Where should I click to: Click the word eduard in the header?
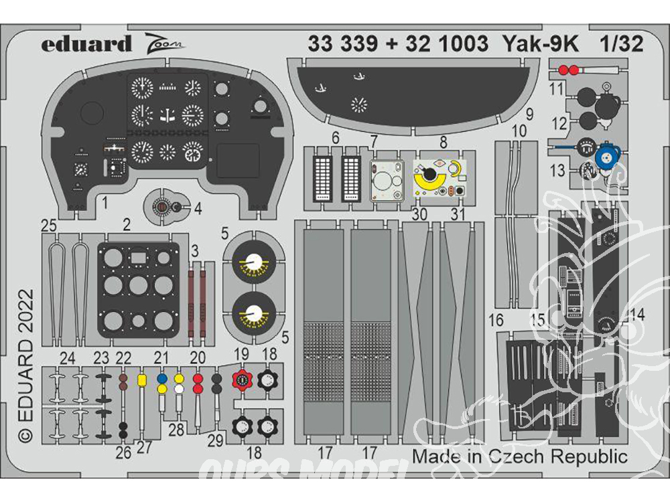click(x=86, y=44)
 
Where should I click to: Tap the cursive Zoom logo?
click(x=165, y=44)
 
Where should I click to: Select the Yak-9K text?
click(x=541, y=44)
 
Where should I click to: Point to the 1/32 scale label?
click(x=621, y=44)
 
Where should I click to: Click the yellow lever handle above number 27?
click(x=142, y=380)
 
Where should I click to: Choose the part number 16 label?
click(x=496, y=321)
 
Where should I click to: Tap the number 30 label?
click(x=420, y=214)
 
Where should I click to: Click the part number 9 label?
click(x=529, y=114)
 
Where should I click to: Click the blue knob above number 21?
click(x=161, y=378)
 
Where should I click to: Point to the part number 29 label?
click(x=216, y=440)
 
